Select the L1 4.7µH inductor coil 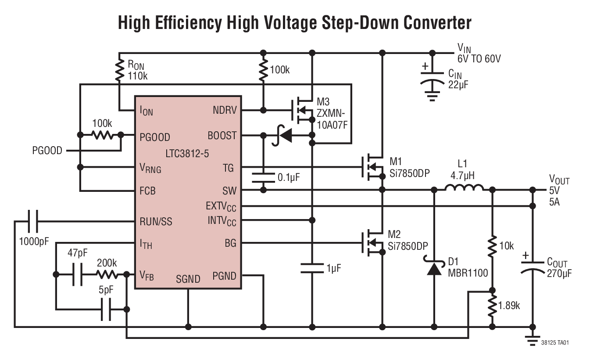pyautogui.click(x=464, y=189)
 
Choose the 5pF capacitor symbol pyautogui.click(x=106, y=310)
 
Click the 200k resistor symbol pyautogui.click(x=107, y=274)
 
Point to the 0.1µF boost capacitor pyautogui.click(x=263, y=177)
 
